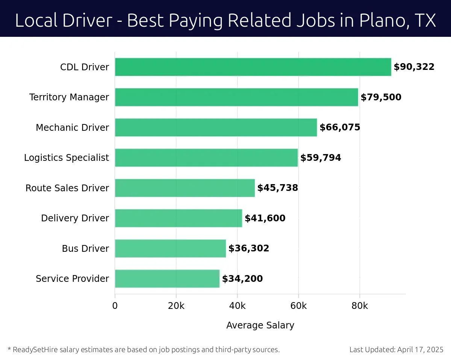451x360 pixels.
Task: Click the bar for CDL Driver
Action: tap(253, 67)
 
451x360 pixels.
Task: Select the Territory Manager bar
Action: tap(236, 97)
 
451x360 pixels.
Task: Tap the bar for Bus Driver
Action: tap(170, 248)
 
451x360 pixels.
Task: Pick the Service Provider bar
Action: tap(167, 278)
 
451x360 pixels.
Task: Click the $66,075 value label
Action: tap(340, 127)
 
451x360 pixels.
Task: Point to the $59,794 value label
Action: tap(321, 158)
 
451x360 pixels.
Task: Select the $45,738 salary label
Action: tap(277, 188)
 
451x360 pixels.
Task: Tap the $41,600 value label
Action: tap(265, 218)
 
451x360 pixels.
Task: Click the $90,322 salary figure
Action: tap(414, 67)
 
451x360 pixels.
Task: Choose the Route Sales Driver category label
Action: tap(67, 188)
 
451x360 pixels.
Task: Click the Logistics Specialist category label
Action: tap(67, 158)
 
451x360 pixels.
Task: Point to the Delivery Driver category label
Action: tap(75, 218)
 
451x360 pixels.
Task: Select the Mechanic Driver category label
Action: tap(73, 127)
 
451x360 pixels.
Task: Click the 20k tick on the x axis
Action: tap(176, 306)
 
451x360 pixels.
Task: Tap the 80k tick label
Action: tap(360, 306)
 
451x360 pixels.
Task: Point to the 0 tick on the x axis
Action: tap(115, 306)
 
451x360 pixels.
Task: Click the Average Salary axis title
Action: tap(260, 325)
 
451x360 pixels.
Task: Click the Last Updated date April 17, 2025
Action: tap(421, 349)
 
